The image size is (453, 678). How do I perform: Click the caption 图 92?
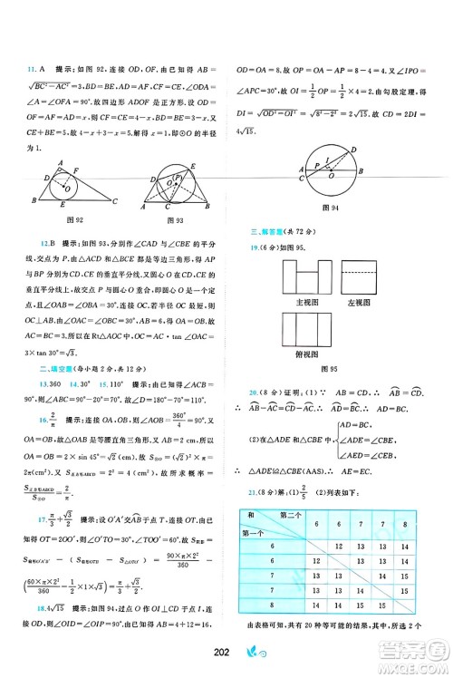63,218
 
